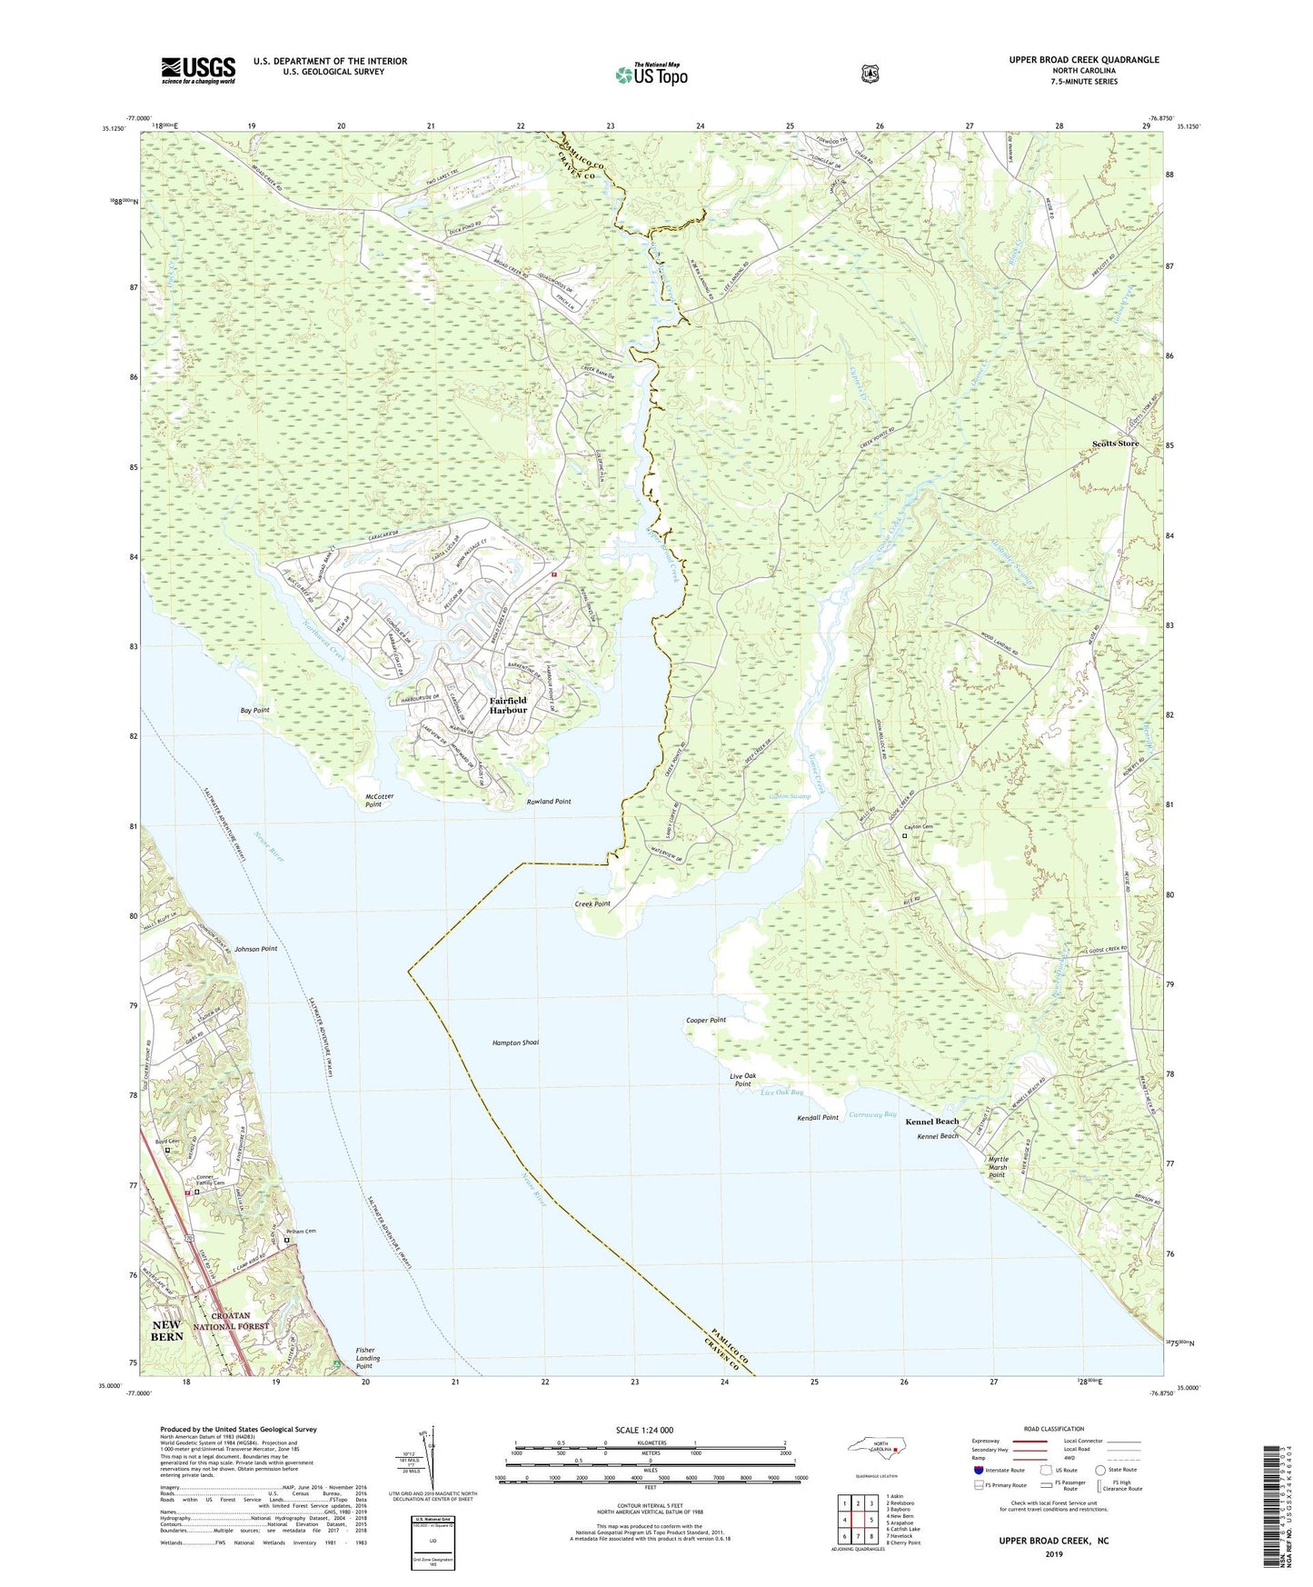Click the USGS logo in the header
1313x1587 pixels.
click(x=198, y=70)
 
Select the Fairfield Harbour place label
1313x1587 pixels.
click(x=508, y=705)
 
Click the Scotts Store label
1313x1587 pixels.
click(x=1115, y=444)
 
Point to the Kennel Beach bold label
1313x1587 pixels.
click(x=931, y=1122)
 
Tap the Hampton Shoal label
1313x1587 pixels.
click(x=515, y=1043)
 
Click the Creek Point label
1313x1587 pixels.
click(x=592, y=904)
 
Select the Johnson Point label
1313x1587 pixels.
click(x=255, y=948)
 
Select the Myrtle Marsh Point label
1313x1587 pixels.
click(x=997, y=1167)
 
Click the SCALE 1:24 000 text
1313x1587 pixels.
click(x=644, y=1430)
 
